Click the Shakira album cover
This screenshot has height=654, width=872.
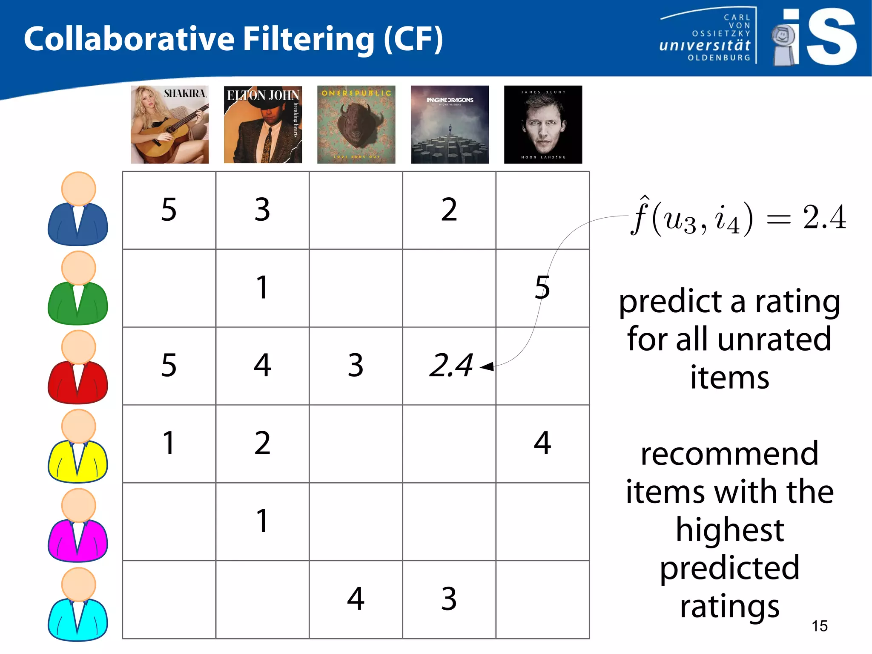[x=169, y=124]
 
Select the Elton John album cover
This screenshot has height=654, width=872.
[x=263, y=124]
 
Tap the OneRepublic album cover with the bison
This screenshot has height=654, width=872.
[x=356, y=124]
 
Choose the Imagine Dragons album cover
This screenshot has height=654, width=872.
[x=450, y=124]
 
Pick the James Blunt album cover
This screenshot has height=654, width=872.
[x=543, y=124]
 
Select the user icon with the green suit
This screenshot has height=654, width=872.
[x=78, y=288]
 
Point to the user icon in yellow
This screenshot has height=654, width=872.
[x=78, y=447]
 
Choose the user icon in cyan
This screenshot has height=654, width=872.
[x=78, y=605]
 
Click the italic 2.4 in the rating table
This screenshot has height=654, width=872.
[x=451, y=366]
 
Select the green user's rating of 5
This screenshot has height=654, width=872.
[x=542, y=287]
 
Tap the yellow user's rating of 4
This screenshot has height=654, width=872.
[x=542, y=443]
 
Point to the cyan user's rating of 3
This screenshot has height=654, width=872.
[x=449, y=599]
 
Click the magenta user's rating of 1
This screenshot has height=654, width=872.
[x=262, y=521]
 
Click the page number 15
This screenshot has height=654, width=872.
[x=819, y=626]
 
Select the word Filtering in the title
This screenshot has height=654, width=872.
[x=309, y=39]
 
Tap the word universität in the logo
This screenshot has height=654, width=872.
[x=705, y=45]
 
